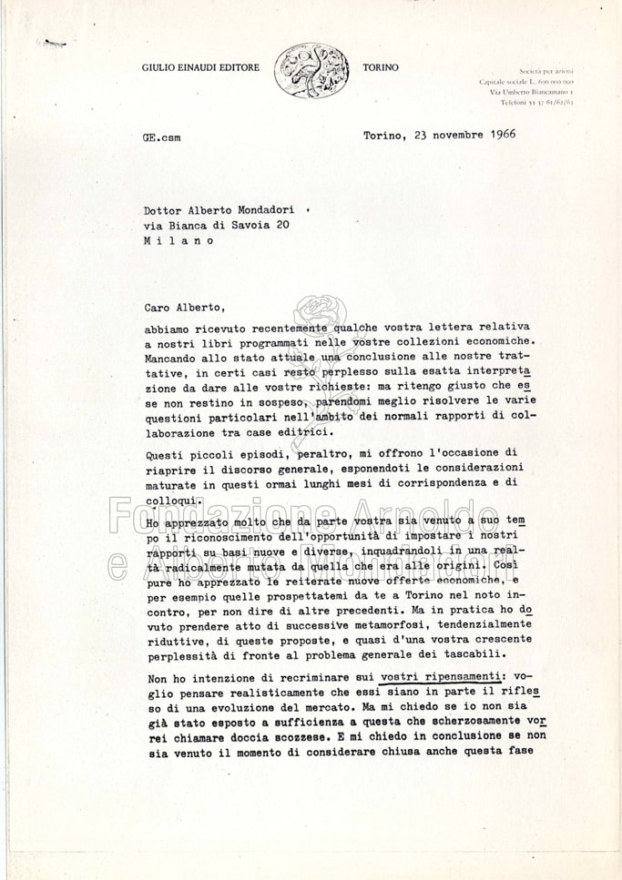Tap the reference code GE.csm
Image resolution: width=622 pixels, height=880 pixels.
(162, 137)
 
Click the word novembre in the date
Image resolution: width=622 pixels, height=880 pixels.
(447, 135)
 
